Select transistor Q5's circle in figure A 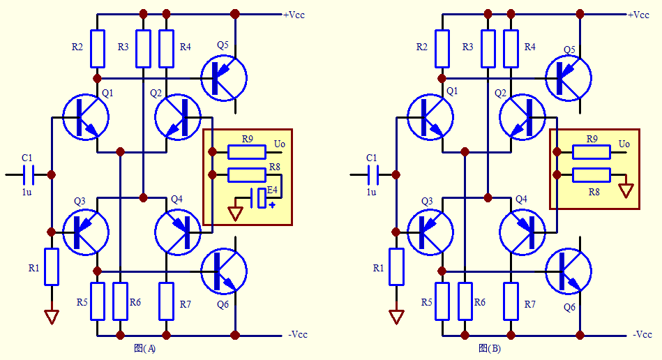coord(223,77)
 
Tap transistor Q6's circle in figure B coord(568,271)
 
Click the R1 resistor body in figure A coord(51,266)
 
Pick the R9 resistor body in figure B coord(591,152)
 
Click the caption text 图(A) coord(144,348)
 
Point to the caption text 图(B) coord(489,348)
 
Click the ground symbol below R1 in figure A coord(51,317)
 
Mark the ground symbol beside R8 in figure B coord(626,190)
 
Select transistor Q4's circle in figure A coord(178,231)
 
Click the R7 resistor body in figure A coord(166,301)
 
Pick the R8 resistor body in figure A coord(246,174)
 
